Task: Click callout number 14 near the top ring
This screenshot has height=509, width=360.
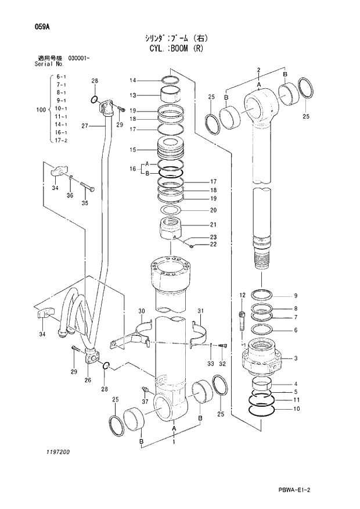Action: click(x=132, y=80)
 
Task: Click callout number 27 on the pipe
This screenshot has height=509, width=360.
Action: click(x=84, y=126)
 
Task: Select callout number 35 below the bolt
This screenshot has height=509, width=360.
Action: click(x=84, y=203)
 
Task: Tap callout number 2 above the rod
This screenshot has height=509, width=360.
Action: click(x=258, y=70)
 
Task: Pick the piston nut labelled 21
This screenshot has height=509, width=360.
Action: click(x=172, y=230)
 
